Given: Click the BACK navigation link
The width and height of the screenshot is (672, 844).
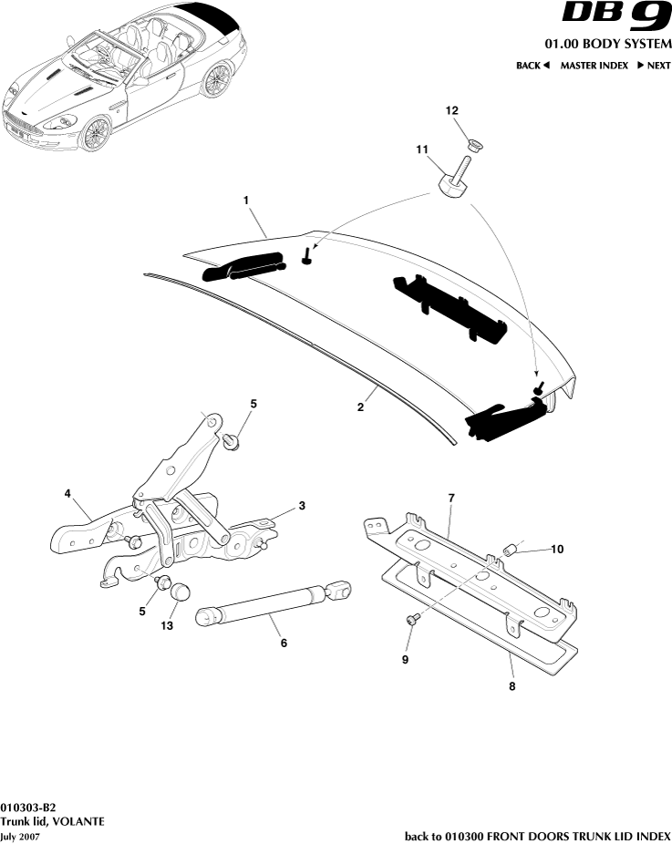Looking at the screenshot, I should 533,66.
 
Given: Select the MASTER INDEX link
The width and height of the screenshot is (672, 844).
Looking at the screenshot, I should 594,66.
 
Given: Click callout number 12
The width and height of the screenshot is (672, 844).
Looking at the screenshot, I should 451,110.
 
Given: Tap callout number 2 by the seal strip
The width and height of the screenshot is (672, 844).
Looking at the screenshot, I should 360,407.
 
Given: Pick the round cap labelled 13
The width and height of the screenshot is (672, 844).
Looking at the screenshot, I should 180,593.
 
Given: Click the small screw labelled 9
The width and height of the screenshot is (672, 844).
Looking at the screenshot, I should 411,619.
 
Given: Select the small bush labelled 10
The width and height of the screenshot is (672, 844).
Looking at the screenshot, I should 511,550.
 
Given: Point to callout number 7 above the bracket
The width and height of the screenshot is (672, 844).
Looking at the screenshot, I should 450,498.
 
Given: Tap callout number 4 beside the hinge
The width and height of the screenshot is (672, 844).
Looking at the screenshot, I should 67,493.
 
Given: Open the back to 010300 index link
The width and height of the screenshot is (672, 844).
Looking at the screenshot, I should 537,836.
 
